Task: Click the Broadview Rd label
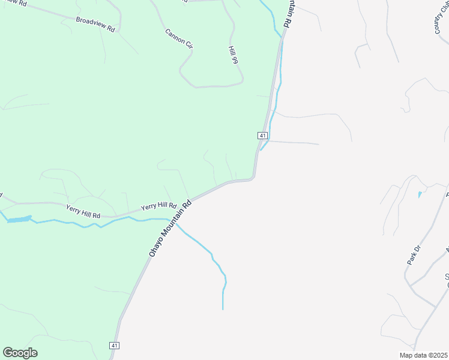tap(95, 24)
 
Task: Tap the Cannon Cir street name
tap(178, 38)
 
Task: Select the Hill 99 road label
tap(234, 55)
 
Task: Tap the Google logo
tap(20, 353)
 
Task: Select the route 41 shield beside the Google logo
tap(115, 346)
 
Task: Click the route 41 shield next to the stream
tap(262, 136)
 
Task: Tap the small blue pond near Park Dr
tap(419, 195)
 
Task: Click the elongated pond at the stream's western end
tap(18, 220)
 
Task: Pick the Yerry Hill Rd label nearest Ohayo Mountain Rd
tap(158, 206)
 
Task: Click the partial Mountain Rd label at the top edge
tap(287, 13)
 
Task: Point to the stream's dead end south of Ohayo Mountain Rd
tap(223, 308)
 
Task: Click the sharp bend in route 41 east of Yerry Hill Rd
tap(254, 177)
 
